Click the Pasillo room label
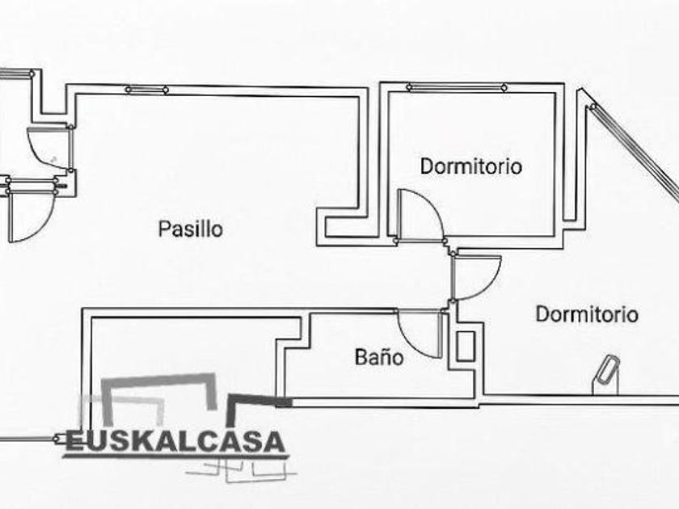coord(191,229)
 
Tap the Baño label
coord(379,357)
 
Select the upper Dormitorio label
coord(471,166)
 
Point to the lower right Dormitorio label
coord(587,313)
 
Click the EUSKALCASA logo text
coord(175,442)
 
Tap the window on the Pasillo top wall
coord(147,90)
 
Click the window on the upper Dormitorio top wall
coord(457,87)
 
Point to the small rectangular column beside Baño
coord(466,347)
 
